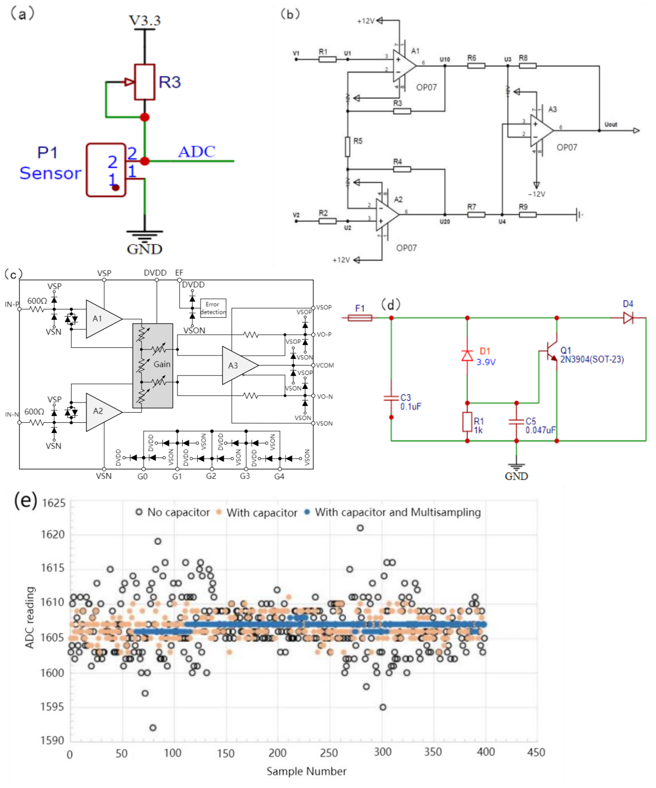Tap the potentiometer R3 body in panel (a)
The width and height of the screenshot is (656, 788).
tap(145, 82)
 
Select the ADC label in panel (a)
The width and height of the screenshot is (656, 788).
tap(197, 152)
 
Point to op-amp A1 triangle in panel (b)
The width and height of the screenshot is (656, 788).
tap(403, 66)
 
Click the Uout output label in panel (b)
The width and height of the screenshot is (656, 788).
tap(610, 125)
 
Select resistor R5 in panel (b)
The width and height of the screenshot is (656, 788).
tap(348, 146)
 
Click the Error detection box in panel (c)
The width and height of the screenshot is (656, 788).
tap(213, 308)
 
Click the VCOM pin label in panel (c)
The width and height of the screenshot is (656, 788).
tap(325, 365)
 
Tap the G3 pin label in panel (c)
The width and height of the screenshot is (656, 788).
tap(245, 476)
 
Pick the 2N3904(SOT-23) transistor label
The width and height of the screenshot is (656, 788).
tap(592, 360)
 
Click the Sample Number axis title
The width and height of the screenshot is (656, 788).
tap(307, 771)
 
